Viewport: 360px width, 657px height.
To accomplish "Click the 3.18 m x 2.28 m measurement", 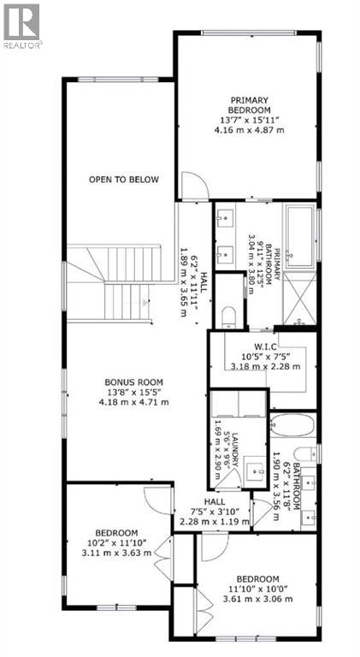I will (x=264, y=366).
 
